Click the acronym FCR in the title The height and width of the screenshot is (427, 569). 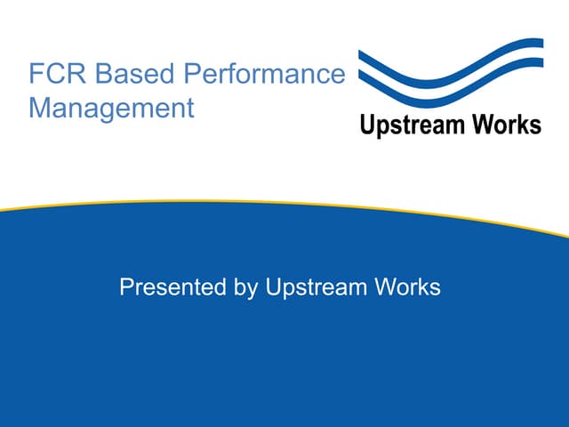pyautogui.click(x=57, y=73)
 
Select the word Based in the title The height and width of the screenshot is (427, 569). pyautogui.click(x=134, y=73)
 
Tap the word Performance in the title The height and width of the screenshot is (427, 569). pyautogui.click(x=265, y=73)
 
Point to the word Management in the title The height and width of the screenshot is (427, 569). pyautogui.click(x=111, y=108)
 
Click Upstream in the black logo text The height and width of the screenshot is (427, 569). pyautogui.click(x=413, y=125)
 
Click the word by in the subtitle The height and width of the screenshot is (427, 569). pyautogui.click(x=245, y=287)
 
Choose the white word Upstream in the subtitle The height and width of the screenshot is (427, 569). pyautogui.click(x=317, y=287)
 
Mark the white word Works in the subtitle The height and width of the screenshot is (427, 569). pyautogui.click(x=408, y=286)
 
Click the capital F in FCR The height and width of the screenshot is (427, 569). pyautogui.click(x=36, y=73)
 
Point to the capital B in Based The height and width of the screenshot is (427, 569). pyautogui.click(x=103, y=73)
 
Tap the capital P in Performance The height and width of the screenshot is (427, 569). pyautogui.click(x=192, y=73)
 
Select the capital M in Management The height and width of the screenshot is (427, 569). pyautogui.click(x=39, y=108)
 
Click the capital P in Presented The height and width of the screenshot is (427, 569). pyautogui.click(x=127, y=286)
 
